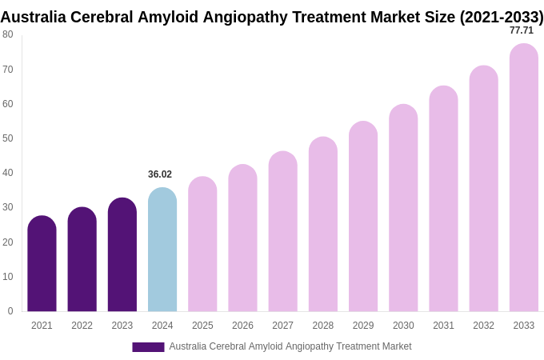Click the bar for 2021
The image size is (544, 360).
42,264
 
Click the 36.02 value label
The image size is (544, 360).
160,174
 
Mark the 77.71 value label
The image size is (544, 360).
522,30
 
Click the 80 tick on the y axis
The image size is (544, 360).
8,34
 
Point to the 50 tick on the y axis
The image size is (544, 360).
8,138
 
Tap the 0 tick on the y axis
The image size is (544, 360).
10,311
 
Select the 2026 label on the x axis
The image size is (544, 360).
242,326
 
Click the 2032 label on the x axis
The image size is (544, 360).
483,326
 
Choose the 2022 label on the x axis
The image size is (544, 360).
82,326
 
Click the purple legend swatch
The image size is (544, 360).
148,347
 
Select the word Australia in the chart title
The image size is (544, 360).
33,17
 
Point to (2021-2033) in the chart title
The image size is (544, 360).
501,17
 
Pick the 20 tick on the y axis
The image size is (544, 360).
8,242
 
